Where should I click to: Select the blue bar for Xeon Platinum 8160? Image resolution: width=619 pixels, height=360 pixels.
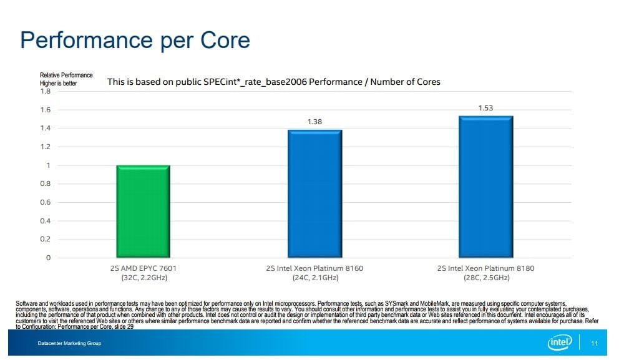pyautogui.click(x=314, y=193)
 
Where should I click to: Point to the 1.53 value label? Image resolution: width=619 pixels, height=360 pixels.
pyautogui.click(x=485, y=108)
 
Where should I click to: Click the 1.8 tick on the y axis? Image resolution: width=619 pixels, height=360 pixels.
pyautogui.click(x=45, y=92)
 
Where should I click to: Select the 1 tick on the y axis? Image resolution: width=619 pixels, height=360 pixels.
pyautogui.click(x=47, y=165)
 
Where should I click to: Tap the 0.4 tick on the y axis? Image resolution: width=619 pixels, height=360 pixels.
pyautogui.click(x=45, y=221)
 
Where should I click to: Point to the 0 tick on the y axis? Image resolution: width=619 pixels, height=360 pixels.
pyautogui.click(x=47, y=258)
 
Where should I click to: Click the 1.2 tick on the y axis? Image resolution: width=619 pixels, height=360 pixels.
pyautogui.click(x=45, y=147)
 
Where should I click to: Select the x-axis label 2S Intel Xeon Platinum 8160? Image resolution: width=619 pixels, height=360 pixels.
pyautogui.click(x=314, y=268)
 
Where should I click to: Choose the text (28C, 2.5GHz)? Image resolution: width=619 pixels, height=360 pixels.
pyautogui.click(x=486, y=277)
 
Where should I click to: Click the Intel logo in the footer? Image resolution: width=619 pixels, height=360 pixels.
pyautogui.click(x=560, y=343)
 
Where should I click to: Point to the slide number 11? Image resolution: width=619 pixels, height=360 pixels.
pyautogui.click(x=594, y=343)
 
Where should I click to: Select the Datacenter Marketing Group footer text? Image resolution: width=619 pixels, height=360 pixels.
pyautogui.click(x=69, y=344)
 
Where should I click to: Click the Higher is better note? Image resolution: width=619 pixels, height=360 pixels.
pyautogui.click(x=58, y=83)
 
